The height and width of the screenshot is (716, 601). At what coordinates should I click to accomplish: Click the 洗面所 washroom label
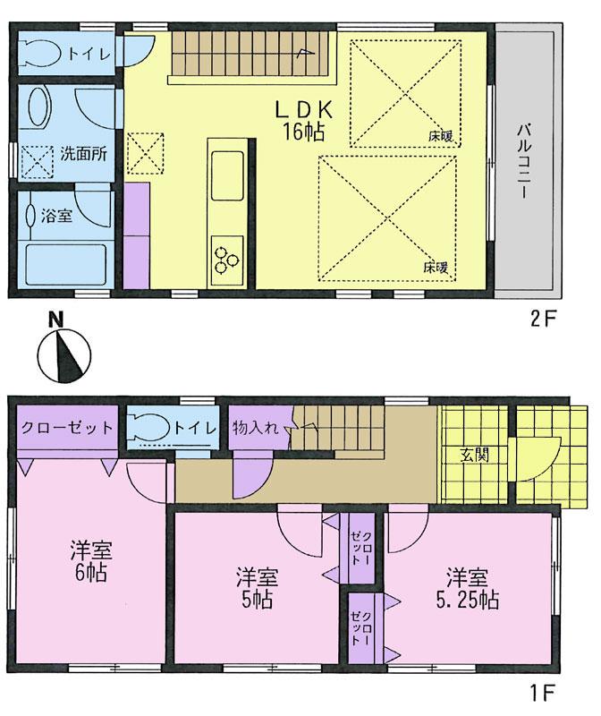84,153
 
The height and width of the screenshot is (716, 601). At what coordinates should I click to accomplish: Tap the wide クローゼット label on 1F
68,428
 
